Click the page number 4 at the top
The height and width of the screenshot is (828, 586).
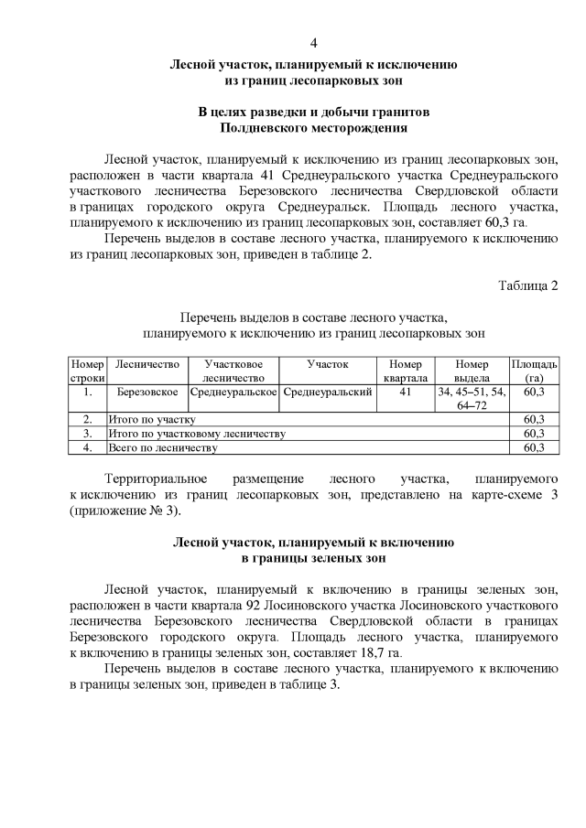(313, 43)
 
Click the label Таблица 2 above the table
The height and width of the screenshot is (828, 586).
(527, 286)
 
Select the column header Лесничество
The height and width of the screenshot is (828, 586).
(147, 364)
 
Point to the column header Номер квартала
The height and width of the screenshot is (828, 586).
(405, 371)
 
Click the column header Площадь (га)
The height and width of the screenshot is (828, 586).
(534, 371)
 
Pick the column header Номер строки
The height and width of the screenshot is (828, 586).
(88, 371)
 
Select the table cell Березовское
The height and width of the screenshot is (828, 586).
(147, 392)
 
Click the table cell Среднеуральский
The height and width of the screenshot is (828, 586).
(328, 392)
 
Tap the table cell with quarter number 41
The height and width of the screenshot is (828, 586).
(405, 392)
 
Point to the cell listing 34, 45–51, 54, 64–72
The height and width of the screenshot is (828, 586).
(472, 398)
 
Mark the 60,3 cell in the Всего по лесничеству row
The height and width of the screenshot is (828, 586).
(534, 447)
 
